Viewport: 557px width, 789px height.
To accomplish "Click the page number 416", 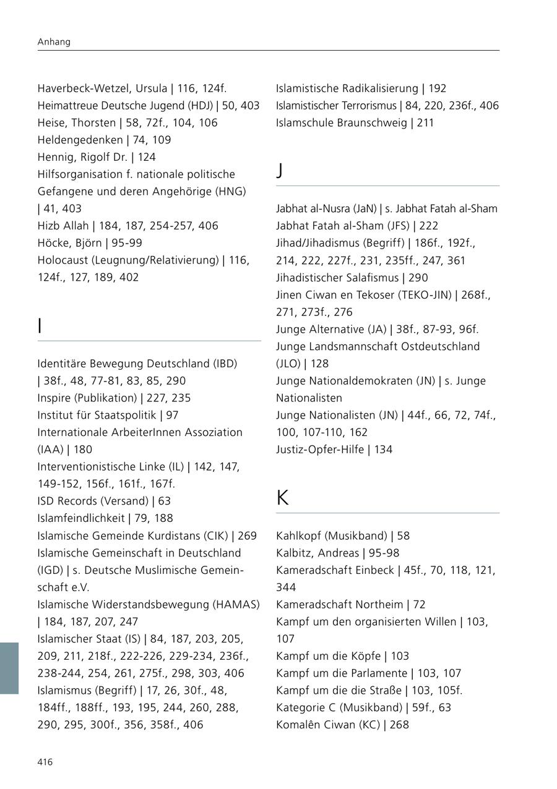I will pos(45,762).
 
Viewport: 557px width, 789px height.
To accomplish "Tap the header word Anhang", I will pos(54,42).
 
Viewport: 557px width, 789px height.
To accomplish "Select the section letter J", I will pos(280,171).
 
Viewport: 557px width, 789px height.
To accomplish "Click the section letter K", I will pos(282,498).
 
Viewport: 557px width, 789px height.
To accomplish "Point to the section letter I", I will pos(40,326).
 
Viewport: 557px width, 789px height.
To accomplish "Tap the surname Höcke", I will pos(53,243).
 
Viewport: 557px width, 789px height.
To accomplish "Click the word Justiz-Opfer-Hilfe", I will pos(320,450).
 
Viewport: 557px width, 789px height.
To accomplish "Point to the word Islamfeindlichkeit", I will pos(80,518).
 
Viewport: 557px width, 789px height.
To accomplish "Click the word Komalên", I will pos(298,724).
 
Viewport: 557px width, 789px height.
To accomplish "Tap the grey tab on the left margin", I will pos(9,668).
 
